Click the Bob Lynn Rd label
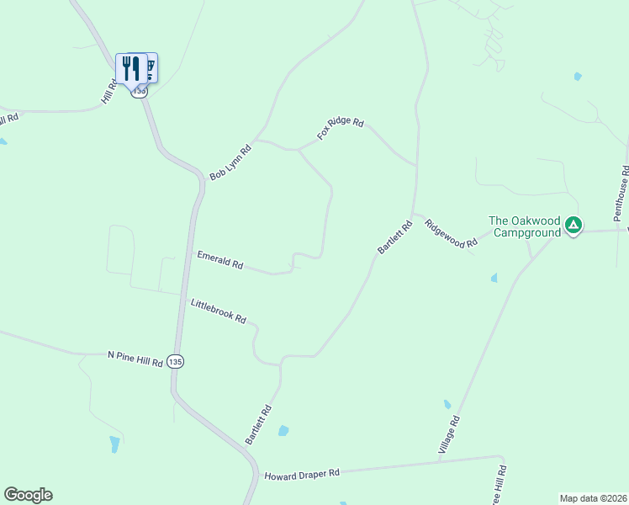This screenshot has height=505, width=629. (x=230, y=162)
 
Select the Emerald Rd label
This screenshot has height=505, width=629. (x=219, y=260)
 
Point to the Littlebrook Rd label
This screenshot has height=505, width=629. (x=218, y=311)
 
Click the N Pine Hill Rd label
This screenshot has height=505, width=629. (x=135, y=359)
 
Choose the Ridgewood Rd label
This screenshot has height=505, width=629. (x=451, y=233)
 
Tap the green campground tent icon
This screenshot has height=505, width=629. (x=573, y=225)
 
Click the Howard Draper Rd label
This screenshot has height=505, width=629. (x=301, y=475)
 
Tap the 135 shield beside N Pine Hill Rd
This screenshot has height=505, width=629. (x=174, y=361)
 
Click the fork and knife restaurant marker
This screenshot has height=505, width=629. (x=130, y=67)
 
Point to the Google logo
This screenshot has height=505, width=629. (x=28, y=495)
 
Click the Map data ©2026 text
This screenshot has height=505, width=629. (x=593, y=497)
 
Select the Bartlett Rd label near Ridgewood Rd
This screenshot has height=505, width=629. (x=394, y=237)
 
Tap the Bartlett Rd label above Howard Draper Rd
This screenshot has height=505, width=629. (x=259, y=425)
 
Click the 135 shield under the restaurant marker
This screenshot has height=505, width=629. (x=140, y=91)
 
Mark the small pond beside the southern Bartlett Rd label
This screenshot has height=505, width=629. (x=283, y=431)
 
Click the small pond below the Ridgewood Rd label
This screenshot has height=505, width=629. (x=494, y=277)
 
